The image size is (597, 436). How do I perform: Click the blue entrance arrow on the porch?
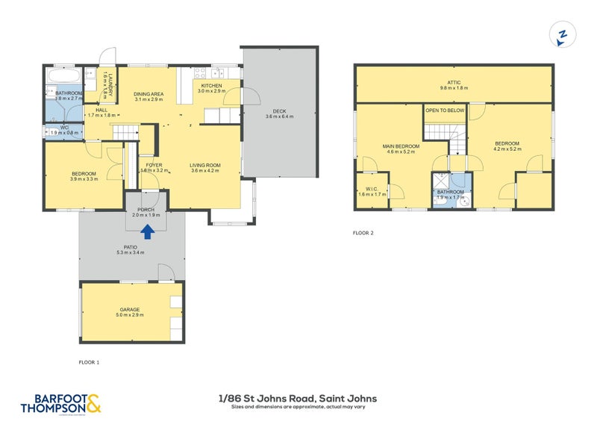[148, 231]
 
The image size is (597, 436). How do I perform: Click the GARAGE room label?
[130, 309]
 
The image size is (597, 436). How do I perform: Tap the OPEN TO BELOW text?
[445, 110]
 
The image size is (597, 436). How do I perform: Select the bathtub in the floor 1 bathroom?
[64, 76]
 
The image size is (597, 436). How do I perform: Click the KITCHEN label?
[212, 85]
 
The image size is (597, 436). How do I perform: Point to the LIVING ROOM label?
[204, 165]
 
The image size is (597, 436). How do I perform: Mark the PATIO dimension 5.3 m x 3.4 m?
[131, 252]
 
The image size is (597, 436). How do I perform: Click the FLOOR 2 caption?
[363, 233]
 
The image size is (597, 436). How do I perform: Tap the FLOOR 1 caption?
[89, 362]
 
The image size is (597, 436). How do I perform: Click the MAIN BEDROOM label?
[401, 146]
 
